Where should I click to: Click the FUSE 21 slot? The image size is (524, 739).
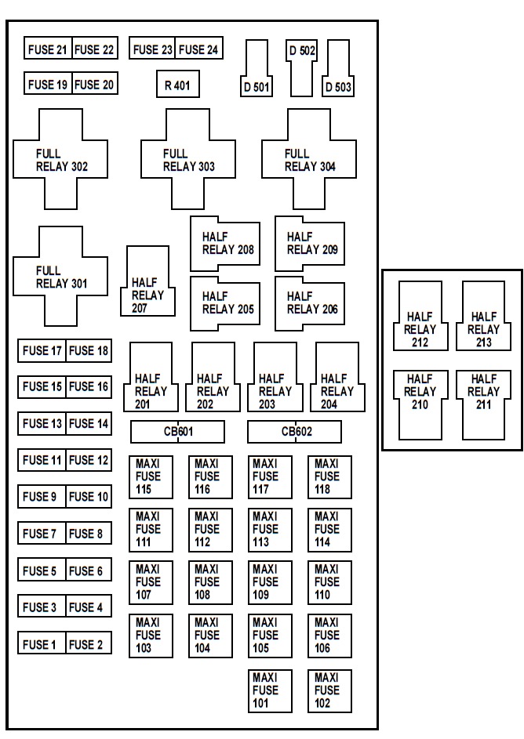point(48,48)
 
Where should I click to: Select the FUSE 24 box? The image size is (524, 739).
point(199,48)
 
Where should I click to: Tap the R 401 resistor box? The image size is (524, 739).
point(178,85)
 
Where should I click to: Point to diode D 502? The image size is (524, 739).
point(301,68)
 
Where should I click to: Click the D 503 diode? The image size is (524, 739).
point(338,68)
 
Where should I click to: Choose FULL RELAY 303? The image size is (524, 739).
point(188,159)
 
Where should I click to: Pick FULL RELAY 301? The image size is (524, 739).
point(60,276)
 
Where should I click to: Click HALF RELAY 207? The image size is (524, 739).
point(147,281)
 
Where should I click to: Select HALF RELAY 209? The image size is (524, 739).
point(310,244)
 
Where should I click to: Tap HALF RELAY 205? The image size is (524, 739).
point(225,303)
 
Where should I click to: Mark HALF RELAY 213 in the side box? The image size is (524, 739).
point(483,316)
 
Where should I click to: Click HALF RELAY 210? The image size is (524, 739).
point(420,405)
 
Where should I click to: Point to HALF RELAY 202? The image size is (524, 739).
point(213,377)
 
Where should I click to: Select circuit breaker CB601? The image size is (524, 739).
point(177,432)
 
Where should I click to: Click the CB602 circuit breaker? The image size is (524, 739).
point(294,432)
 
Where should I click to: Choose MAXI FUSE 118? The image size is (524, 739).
point(329,477)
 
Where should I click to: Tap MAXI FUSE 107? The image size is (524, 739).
point(151,582)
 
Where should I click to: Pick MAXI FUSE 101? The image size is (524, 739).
point(271,691)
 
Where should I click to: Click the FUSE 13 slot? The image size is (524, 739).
point(42,423)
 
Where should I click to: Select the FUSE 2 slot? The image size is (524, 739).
point(89,643)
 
